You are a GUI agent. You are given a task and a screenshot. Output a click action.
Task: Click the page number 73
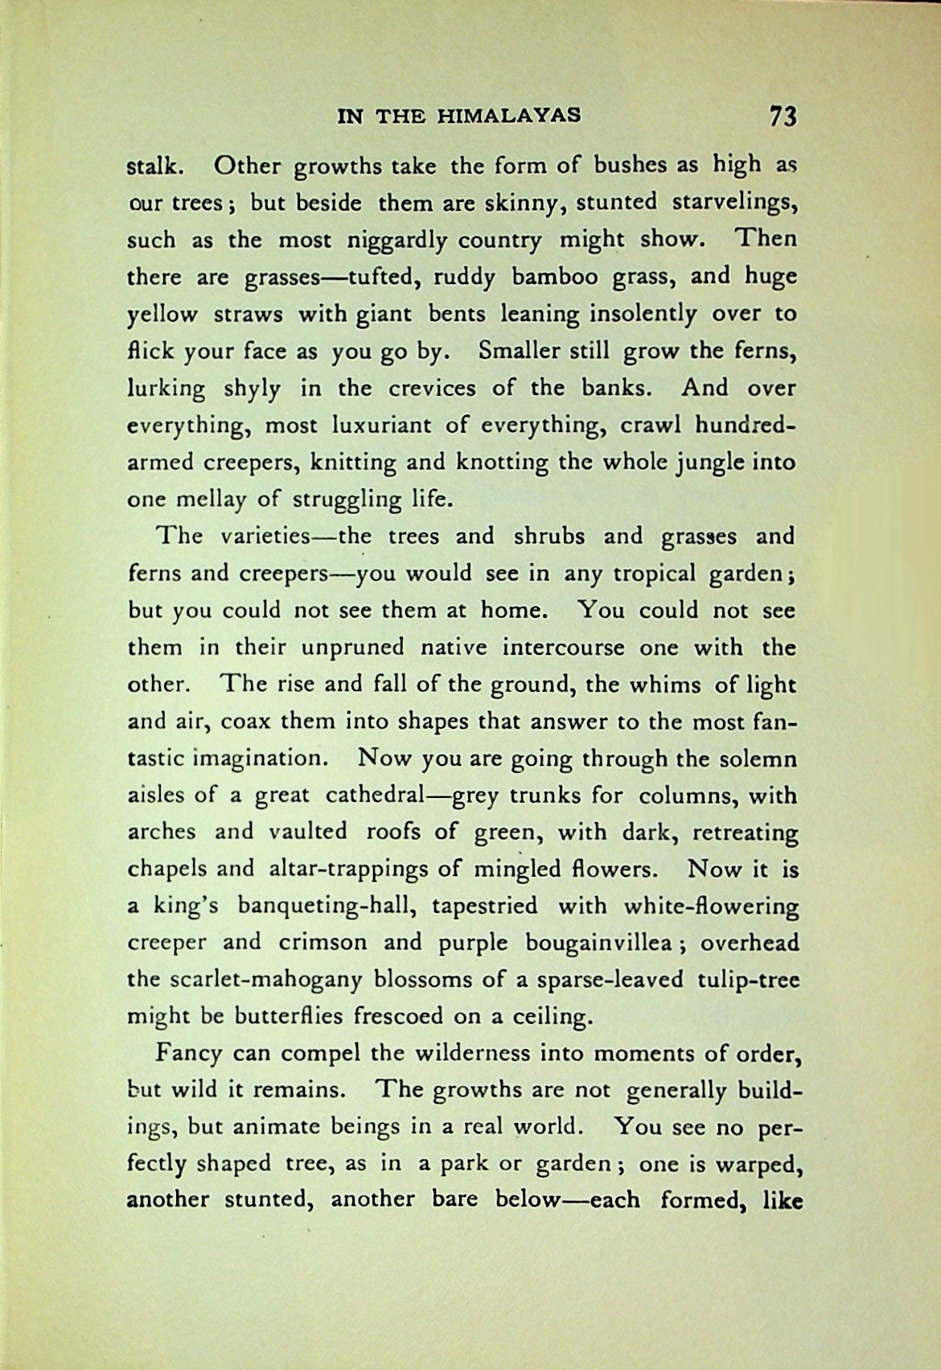pos(783,116)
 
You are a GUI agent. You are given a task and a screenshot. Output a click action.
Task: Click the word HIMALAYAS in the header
pos(508,116)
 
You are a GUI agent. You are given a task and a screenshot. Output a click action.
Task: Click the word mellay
pos(203,500)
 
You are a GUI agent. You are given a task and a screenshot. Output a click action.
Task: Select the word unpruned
pos(353,648)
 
